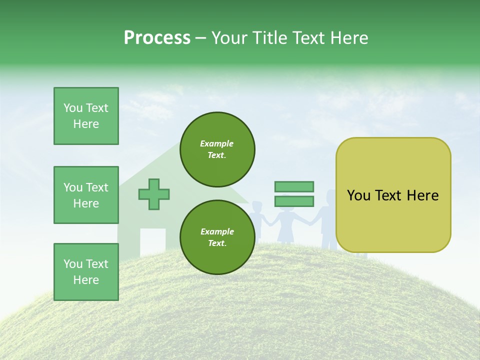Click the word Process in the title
(x=157, y=37)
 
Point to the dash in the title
(x=201, y=38)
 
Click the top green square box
(x=86, y=116)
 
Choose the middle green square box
(x=86, y=195)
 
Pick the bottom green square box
(x=86, y=272)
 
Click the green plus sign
(x=154, y=193)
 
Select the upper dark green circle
(x=217, y=149)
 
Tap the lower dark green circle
(x=217, y=237)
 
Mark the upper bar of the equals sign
(x=294, y=186)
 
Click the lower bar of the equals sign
(x=294, y=201)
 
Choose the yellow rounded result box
(x=393, y=195)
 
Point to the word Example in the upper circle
(x=217, y=143)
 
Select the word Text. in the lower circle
(x=217, y=243)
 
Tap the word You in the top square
(x=73, y=108)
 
